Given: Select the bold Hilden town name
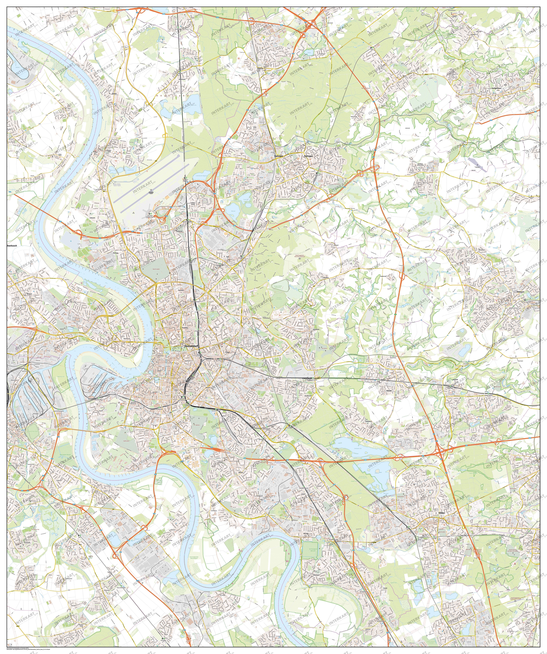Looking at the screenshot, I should click(x=441, y=513).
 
